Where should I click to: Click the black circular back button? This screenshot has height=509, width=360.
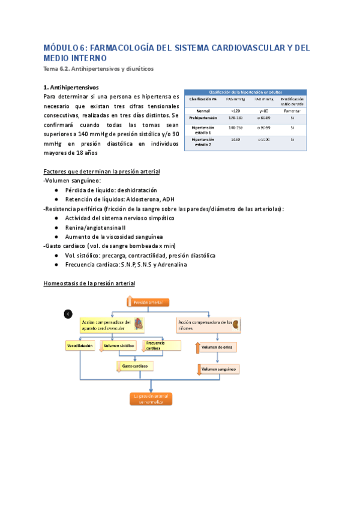click(68, 314)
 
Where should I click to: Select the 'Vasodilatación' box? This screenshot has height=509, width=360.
click(80, 346)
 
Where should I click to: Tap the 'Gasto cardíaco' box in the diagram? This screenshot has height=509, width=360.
click(134, 366)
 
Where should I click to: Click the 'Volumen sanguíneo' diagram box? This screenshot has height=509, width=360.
click(218, 370)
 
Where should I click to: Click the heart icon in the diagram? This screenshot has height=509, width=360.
click(139, 325)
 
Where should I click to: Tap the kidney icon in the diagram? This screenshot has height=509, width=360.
click(236, 325)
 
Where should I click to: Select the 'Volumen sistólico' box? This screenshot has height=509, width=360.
click(118, 346)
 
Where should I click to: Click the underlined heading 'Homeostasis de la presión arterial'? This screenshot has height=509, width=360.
click(89, 283)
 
